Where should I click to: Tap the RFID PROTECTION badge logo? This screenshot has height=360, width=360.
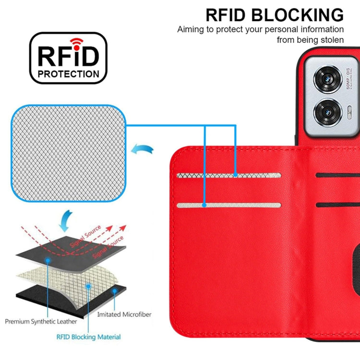68,58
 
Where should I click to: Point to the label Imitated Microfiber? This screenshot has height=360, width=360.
124,314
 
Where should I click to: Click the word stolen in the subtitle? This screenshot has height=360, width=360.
331,40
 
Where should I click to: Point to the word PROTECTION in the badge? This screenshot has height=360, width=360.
69,74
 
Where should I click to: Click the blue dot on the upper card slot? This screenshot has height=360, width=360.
235,176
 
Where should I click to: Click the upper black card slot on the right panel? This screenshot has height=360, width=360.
338,176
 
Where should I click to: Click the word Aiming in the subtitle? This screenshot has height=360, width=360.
191,29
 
